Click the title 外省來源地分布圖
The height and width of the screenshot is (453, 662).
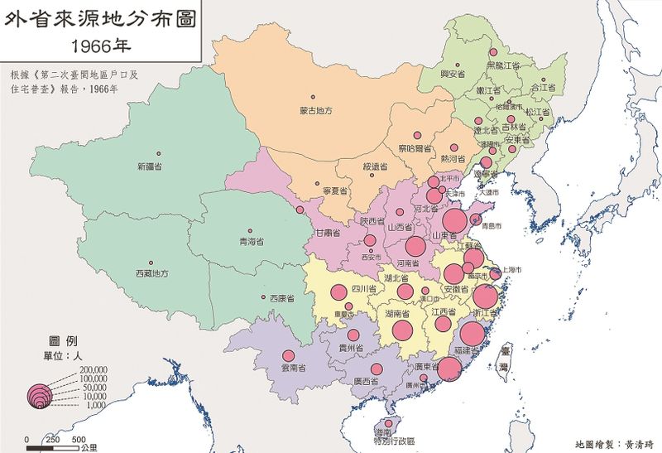(101, 20)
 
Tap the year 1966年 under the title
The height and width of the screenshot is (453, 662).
(102, 46)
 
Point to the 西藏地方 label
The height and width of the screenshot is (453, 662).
(151, 273)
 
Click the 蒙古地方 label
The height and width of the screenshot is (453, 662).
(315, 110)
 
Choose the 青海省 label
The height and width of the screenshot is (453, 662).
(251, 242)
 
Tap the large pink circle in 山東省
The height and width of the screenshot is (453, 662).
(453, 221)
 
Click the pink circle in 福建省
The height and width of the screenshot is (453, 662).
(473, 334)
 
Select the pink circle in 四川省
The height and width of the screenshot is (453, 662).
(338, 292)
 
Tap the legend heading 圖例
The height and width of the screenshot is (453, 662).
(63, 341)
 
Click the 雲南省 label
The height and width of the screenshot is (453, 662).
(294, 367)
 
